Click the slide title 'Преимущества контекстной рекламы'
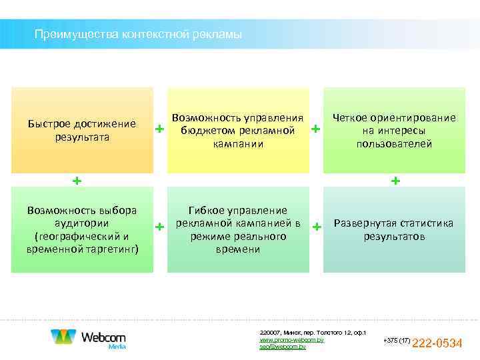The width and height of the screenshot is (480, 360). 139,34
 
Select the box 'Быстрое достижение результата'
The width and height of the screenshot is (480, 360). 82,130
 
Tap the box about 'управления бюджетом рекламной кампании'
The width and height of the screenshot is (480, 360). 238,130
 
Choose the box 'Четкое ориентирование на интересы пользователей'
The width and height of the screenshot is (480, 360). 394,130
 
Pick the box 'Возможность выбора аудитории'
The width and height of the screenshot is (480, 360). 82,229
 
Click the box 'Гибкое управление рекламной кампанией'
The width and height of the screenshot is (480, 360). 238,229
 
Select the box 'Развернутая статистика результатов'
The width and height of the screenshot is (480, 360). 394,229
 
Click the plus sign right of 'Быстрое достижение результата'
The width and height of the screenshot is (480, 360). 159,128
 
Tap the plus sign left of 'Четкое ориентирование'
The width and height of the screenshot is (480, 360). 316,128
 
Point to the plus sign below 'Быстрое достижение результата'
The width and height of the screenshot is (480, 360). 77,181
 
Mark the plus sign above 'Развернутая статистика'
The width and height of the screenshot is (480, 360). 396,181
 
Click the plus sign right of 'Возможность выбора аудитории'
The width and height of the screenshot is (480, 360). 159,227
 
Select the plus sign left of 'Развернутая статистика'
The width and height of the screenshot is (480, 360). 316,227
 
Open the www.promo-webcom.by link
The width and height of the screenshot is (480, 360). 291,340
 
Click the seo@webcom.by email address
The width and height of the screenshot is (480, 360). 283,347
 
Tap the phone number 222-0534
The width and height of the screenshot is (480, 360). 438,344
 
